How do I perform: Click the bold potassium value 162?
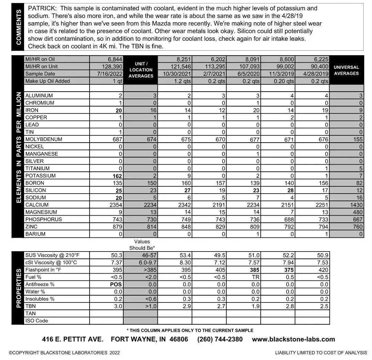point(115,176)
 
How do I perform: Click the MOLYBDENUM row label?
point(44,140)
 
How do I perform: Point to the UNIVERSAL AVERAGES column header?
point(346,70)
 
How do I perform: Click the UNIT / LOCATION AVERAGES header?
point(141,70)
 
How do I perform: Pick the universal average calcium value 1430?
point(355,205)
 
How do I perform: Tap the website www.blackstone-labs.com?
point(293,339)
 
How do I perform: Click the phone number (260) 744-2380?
point(220,339)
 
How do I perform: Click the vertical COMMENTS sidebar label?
point(19,27)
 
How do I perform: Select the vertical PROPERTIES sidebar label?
point(19,288)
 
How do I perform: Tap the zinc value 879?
point(117,227)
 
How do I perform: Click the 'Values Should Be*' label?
point(142,245)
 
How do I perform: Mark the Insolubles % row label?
point(40,299)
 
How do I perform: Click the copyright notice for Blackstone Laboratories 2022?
point(64,352)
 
